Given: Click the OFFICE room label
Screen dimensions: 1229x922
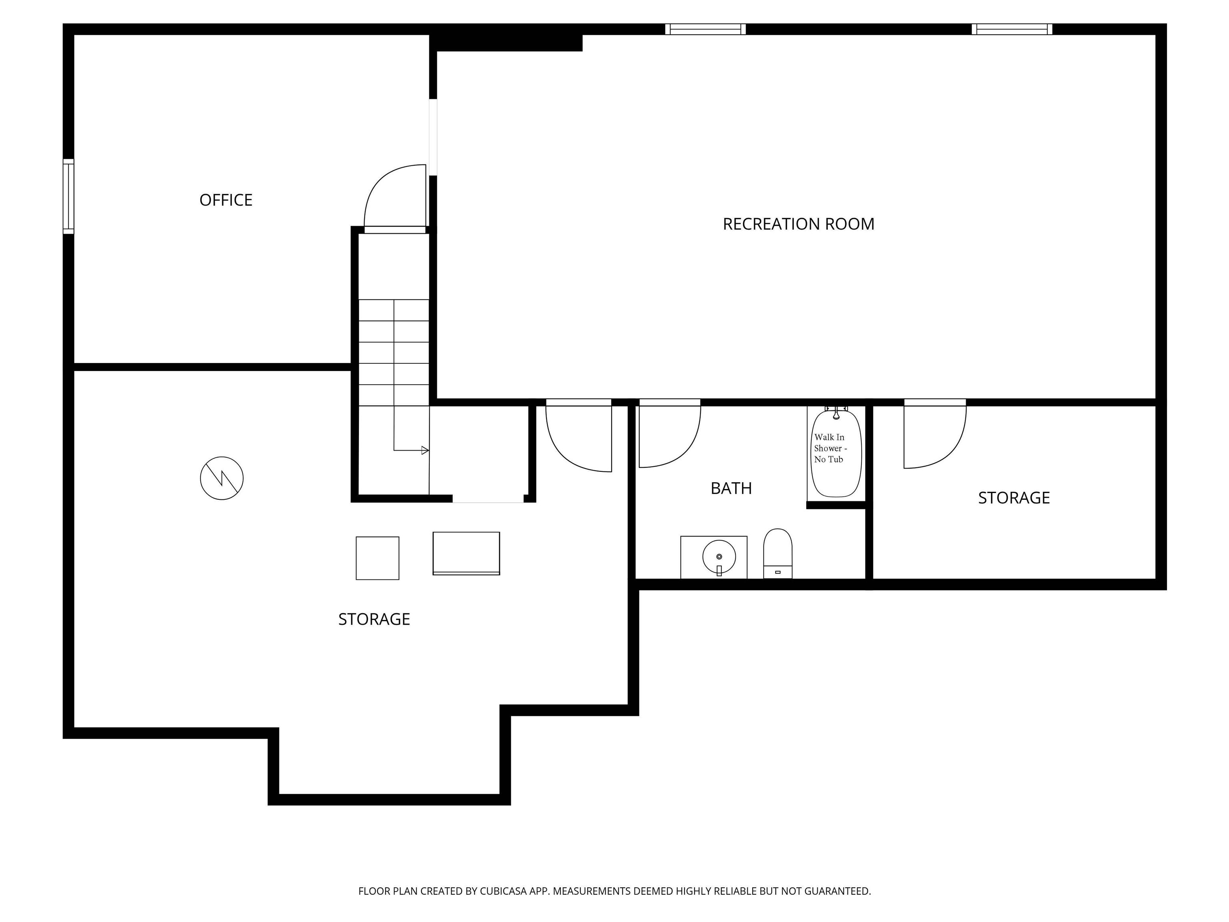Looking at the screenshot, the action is tap(226, 200).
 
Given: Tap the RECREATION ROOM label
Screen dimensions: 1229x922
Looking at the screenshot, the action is tap(799, 224).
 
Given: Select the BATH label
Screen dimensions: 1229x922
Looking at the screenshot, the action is tap(731, 488).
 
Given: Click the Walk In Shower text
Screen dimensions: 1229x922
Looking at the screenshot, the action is tap(831, 448).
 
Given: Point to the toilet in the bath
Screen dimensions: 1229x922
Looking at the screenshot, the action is tap(777, 553).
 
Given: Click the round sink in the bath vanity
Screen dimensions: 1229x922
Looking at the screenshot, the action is tap(719, 556).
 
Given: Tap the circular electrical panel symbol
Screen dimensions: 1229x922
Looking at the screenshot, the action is tap(222, 478).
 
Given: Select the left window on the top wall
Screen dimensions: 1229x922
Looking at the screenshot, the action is tap(705, 29).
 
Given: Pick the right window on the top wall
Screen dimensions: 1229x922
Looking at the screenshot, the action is tap(1012, 29).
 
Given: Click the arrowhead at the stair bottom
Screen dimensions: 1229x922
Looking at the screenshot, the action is tap(425, 450).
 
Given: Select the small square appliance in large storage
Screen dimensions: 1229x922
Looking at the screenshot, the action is tap(377, 558).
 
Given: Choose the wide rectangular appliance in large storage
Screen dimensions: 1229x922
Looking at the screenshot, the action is tap(466, 553).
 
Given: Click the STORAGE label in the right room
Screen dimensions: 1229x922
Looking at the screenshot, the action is tap(1014, 498).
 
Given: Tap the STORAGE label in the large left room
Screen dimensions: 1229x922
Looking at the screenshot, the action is tap(374, 619).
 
